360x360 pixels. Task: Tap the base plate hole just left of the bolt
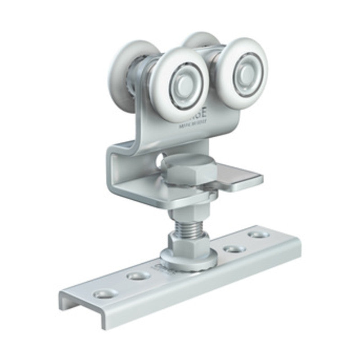tap(138, 275)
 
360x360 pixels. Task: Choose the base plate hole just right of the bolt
tap(234, 248)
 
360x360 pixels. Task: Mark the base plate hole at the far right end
tap(259, 234)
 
